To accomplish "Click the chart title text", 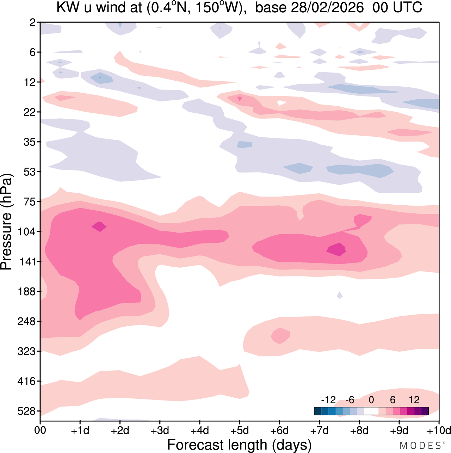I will coord(239,8).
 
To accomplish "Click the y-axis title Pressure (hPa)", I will coord(7,222).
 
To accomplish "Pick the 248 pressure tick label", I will coord(26,322).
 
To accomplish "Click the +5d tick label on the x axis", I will coord(240,430).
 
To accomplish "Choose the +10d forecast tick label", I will coord(438,430).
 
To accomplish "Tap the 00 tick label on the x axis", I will coord(41,430).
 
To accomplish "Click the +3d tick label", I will coord(160,430).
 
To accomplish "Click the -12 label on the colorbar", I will coord(328,400).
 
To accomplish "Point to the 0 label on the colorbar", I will coord(371,400).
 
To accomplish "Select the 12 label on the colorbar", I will coord(414,400).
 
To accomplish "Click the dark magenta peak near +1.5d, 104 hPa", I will coord(99,227).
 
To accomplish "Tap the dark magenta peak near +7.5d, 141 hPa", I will coord(336,250).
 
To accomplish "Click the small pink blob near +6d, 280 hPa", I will coord(280,335).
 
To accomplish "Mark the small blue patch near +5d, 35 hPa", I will coord(245,144).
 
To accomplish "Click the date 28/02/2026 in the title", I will coord(327,8).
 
